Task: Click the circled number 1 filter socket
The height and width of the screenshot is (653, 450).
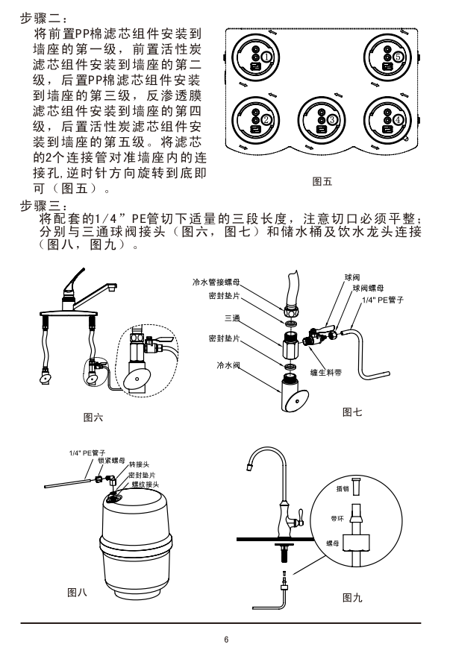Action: [x=255, y=57]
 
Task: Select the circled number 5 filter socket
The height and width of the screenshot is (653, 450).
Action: [x=387, y=57]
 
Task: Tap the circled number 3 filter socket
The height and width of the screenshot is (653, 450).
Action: [x=322, y=120]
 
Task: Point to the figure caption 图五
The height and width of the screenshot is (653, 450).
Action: [x=322, y=182]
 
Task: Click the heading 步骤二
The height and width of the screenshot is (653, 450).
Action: [x=43, y=19]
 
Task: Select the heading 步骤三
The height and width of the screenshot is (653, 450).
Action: [x=43, y=206]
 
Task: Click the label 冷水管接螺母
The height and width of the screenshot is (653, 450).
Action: [x=216, y=283]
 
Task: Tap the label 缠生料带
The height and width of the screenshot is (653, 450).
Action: [x=325, y=373]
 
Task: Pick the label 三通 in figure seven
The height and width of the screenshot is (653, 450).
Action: [x=232, y=318]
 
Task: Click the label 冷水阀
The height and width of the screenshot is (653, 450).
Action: [x=228, y=365]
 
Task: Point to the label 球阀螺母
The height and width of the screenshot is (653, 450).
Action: [x=368, y=288]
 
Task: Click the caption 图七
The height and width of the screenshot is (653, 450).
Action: [x=352, y=412]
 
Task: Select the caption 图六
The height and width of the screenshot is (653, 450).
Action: [x=93, y=417]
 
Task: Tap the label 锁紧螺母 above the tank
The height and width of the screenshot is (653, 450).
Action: [x=111, y=461]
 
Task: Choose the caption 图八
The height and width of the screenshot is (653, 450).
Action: [x=77, y=592]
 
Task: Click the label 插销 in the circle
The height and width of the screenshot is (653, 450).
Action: [x=343, y=488]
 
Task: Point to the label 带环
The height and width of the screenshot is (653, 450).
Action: [x=337, y=519]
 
